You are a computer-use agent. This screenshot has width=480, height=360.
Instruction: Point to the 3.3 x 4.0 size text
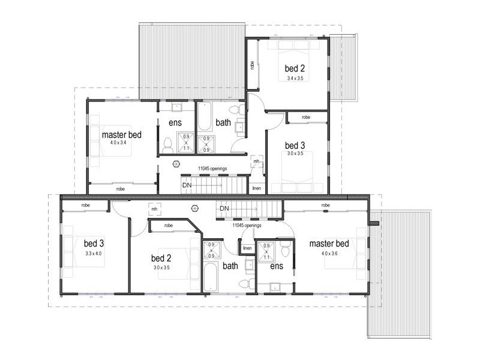94,253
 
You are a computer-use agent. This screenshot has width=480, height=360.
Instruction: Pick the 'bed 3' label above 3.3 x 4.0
94,244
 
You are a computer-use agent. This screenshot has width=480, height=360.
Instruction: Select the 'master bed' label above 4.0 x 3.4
121,134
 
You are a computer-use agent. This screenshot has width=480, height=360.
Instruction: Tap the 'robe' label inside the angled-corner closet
169,226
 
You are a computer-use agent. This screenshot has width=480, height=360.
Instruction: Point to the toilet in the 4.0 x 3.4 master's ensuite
169,144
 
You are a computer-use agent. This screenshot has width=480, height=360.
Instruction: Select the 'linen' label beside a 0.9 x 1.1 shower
247,248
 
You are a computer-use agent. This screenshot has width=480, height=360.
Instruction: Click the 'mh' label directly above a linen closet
256,161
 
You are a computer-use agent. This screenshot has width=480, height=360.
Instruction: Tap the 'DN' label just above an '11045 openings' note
224,208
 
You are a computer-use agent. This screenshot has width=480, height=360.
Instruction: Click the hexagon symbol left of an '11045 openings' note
176,163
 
